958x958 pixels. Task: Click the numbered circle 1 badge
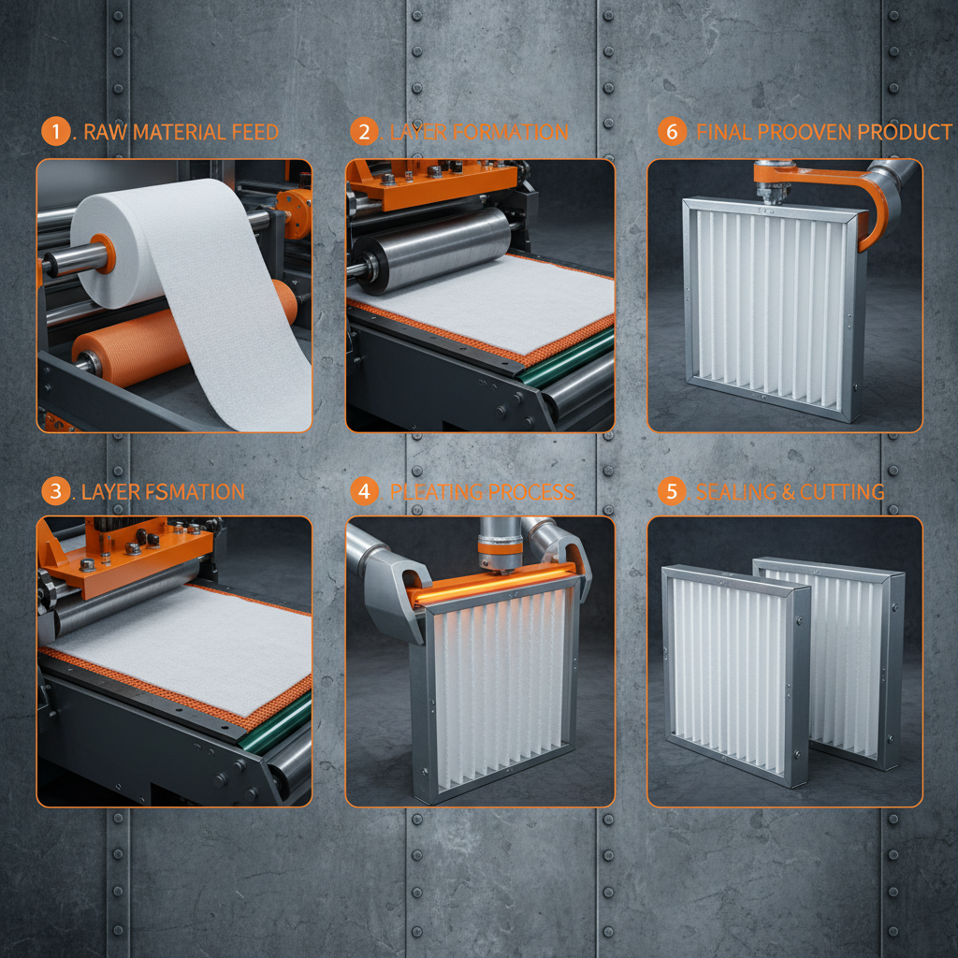pyautogui.click(x=56, y=132)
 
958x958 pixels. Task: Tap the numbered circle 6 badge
pyautogui.click(x=672, y=132)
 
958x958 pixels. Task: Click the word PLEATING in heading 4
pyautogui.click(x=437, y=491)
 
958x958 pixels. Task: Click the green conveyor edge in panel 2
pyautogui.click(x=561, y=360)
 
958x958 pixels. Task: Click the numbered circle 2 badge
pyautogui.click(x=364, y=132)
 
